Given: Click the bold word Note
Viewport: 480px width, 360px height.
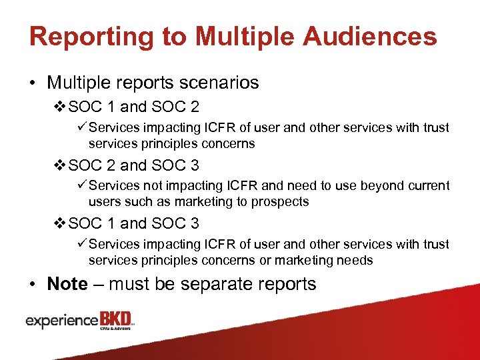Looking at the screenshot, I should [67, 284].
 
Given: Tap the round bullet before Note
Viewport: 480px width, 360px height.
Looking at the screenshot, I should [33, 285].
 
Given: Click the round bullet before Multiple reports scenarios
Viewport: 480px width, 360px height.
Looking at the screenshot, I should [33, 83].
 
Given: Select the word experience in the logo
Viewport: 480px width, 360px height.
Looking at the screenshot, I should [61, 321].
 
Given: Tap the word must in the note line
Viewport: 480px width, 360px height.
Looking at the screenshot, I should [130, 284].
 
